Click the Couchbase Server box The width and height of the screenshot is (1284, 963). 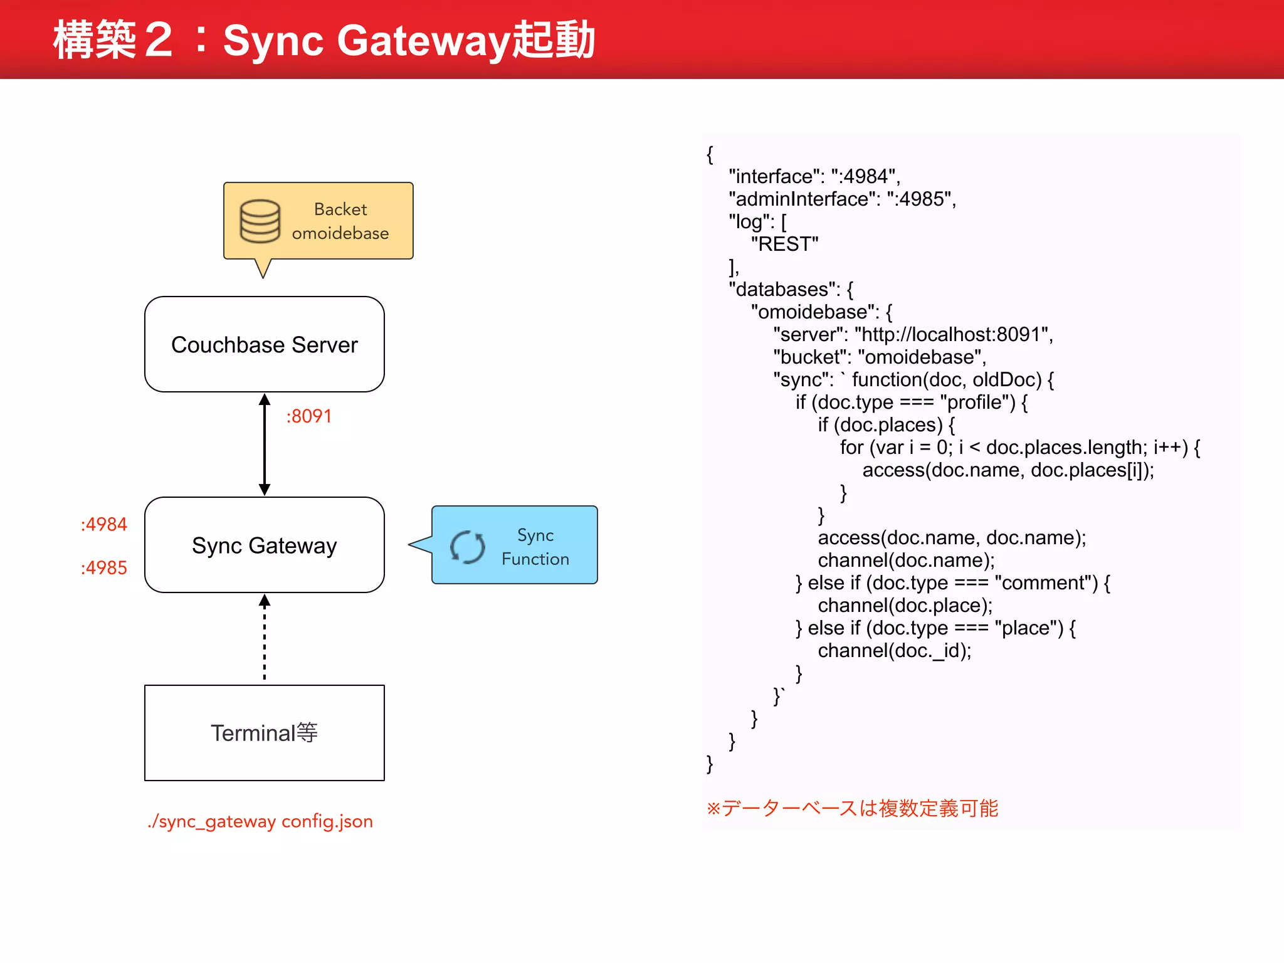(264, 344)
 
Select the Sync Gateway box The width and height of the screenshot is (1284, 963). (264, 545)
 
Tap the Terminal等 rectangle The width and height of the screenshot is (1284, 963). (264, 732)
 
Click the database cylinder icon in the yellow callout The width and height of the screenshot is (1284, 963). (260, 221)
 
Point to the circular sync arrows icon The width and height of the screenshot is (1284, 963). (468, 547)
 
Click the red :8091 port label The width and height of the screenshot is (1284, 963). (308, 416)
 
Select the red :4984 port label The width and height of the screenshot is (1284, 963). (103, 524)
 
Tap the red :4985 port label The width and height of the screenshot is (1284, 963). (103, 567)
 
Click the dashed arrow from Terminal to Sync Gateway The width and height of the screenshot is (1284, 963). (265, 639)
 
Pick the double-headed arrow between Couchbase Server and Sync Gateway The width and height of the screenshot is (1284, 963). (265, 444)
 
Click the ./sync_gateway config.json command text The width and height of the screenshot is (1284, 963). (260, 821)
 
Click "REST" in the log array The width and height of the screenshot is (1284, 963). (784, 244)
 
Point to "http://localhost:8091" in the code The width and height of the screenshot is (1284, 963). (953, 334)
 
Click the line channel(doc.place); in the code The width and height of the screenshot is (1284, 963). (905, 605)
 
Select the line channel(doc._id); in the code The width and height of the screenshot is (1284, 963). (894, 650)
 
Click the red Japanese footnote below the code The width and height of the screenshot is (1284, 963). (852, 808)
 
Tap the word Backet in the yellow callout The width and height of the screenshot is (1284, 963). (340, 209)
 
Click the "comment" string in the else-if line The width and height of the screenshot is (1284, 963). (1046, 582)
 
